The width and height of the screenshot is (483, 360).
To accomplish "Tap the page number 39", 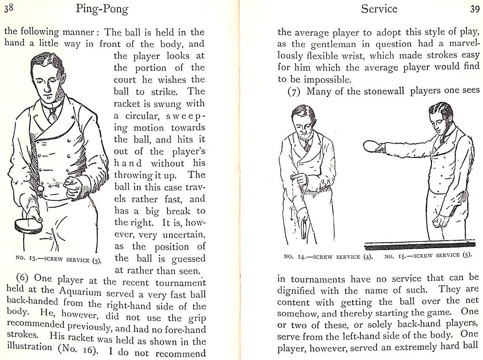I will pos(475,9).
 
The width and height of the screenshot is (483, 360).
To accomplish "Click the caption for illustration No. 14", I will pos(328,257).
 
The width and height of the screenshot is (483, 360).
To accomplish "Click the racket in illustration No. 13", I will pos(28,225).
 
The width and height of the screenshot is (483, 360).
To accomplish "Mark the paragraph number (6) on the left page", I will pos(25,281).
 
